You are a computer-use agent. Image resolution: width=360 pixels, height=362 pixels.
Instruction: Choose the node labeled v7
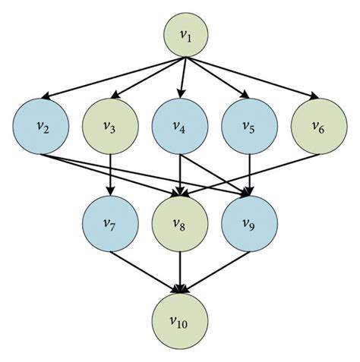[111, 225]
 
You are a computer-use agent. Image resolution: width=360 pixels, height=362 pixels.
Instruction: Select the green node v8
[180, 225]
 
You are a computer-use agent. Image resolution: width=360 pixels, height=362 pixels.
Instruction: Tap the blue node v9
[249, 225]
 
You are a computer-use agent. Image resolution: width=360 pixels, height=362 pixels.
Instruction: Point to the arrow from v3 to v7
[111, 172]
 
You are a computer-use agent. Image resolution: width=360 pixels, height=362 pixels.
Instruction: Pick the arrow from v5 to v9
[249, 172]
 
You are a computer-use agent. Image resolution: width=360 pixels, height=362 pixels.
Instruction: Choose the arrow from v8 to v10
[180, 269]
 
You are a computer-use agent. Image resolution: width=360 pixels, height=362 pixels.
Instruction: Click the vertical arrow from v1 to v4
[181, 76]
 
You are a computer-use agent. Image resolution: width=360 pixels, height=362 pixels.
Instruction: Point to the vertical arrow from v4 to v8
[180, 172]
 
